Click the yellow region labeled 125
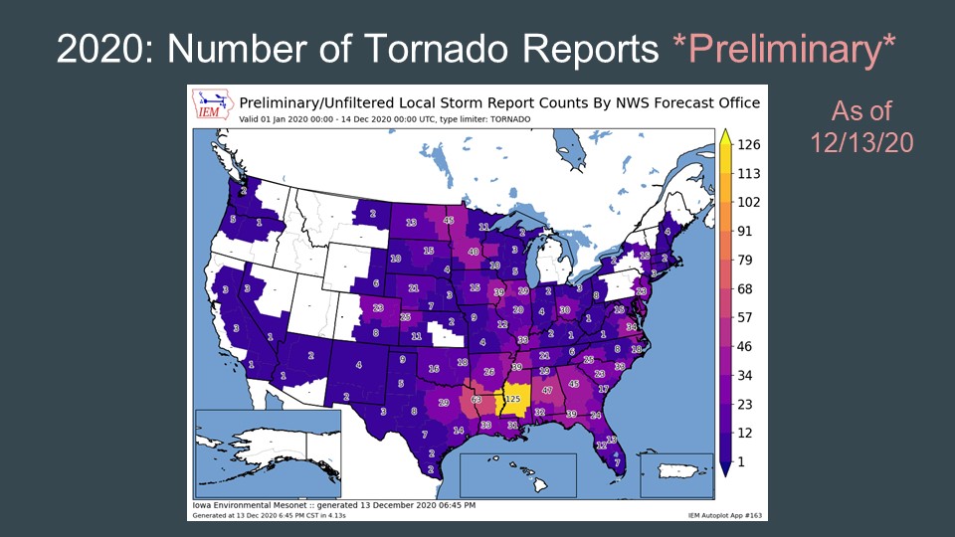(x=513, y=398)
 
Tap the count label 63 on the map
(x=477, y=400)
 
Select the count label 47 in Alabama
(x=547, y=391)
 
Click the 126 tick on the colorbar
(x=749, y=144)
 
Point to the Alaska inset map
(x=268, y=452)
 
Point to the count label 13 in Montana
(x=411, y=223)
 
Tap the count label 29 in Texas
(x=443, y=403)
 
